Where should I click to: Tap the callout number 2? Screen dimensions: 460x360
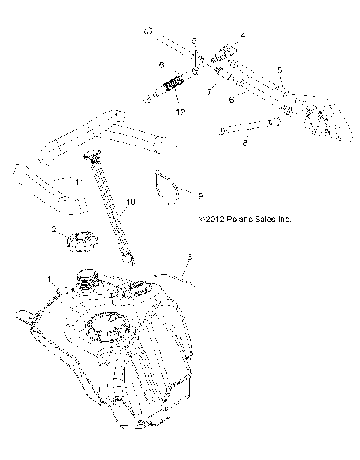pyautogui.click(x=54, y=229)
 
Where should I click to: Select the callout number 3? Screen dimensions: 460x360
pyautogui.click(x=189, y=257)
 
